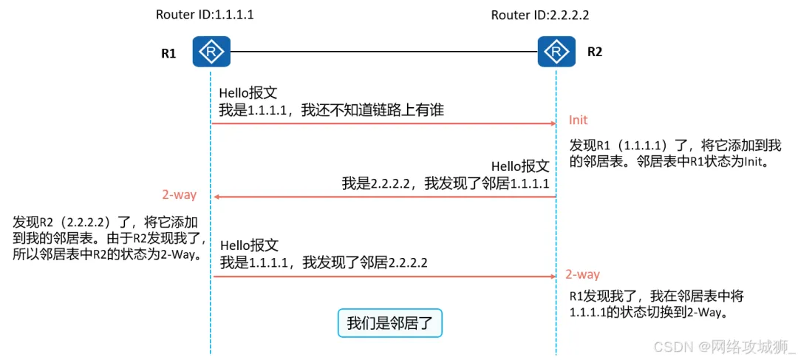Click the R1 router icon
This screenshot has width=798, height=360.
211,52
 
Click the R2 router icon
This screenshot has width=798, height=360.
556,52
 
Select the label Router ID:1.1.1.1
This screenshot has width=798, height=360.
205,16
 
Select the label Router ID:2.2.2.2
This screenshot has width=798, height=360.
540,16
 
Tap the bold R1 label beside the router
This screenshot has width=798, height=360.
168,53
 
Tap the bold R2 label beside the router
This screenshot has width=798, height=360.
595,52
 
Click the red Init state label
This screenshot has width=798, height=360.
578,120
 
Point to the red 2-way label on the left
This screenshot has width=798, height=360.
179,195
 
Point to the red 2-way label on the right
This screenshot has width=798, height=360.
582,274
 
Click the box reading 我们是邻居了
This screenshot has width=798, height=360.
389,323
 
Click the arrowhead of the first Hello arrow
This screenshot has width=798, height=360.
552,124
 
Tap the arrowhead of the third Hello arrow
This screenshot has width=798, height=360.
552,276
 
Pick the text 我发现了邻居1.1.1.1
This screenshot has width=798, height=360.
487,183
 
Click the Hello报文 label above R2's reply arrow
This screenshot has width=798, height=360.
520,166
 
